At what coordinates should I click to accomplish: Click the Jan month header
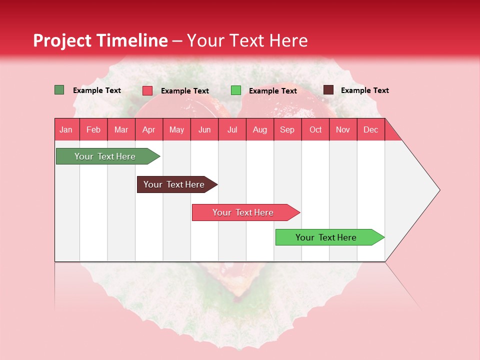pos(66,129)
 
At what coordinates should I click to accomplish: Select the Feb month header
pos(93,129)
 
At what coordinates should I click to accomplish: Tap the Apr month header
pos(148,129)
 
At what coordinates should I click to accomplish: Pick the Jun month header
pos(204,129)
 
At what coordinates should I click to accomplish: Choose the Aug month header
pos(259,129)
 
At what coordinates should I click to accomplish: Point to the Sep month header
pos(287,129)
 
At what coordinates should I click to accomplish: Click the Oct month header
pos(315,129)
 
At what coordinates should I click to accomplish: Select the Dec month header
pos(370,129)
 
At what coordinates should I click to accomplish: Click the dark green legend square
pos(59,90)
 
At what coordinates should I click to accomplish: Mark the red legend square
pos(147,90)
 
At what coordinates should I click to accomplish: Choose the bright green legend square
pos(236,90)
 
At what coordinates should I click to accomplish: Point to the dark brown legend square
pos(328,90)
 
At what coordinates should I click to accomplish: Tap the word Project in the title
pos(62,40)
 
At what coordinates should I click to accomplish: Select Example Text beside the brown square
pos(364,90)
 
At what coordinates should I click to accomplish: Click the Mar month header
pos(121,129)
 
